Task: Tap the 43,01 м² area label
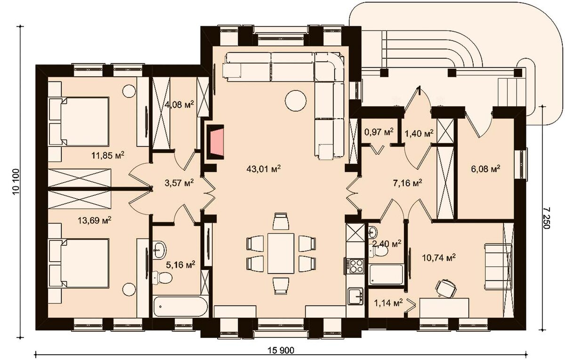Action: click(264, 168)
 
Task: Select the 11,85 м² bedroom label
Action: click(108, 155)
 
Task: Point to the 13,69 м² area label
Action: click(95, 221)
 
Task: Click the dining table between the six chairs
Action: click(281, 253)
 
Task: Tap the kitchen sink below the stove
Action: click(356, 296)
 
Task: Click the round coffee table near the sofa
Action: click(296, 101)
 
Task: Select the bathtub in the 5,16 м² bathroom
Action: click(181, 306)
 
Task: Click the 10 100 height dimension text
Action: click(16, 182)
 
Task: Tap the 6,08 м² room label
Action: click(485, 168)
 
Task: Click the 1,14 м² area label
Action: click(388, 303)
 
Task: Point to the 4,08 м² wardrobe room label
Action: click(179, 104)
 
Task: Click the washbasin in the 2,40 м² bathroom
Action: click(372, 232)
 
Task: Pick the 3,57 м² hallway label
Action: click(179, 183)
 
